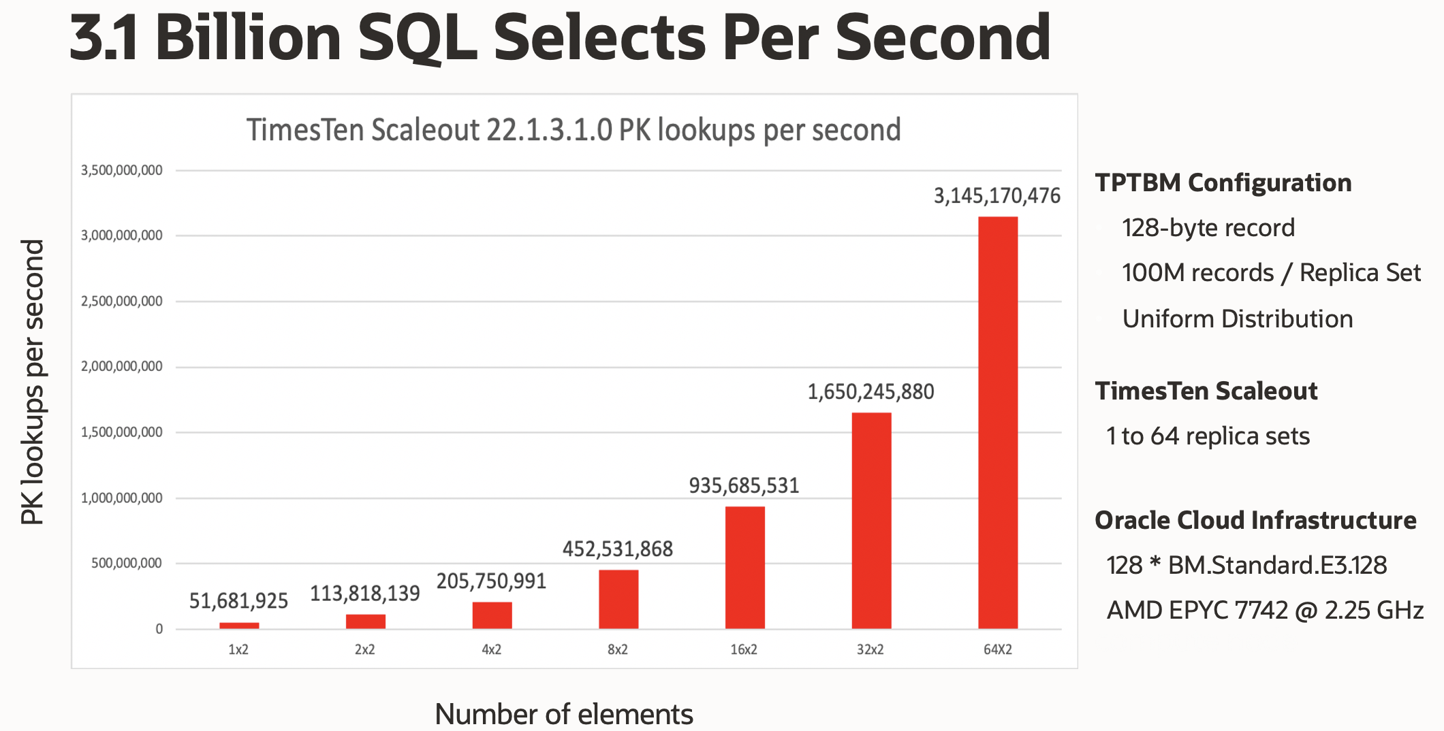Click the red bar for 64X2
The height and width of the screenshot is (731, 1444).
(x=998, y=422)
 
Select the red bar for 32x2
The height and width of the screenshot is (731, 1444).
(x=871, y=521)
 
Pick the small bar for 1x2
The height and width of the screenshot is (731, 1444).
(x=239, y=625)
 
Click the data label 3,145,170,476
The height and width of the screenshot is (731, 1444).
(x=996, y=196)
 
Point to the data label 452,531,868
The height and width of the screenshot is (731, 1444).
(x=617, y=549)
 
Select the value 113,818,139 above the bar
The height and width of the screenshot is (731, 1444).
(x=365, y=594)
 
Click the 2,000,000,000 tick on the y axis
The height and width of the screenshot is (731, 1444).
(x=122, y=367)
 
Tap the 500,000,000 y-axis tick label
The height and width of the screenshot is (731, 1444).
(x=127, y=564)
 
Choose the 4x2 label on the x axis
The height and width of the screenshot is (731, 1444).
(x=491, y=649)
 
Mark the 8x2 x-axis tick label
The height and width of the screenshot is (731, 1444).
(x=618, y=649)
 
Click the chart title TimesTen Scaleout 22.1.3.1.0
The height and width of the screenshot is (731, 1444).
(x=573, y=130)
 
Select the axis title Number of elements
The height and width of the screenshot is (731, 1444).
(x=563, y=714)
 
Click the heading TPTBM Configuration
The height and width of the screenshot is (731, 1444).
(x=1223, y=182)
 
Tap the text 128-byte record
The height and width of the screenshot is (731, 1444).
(x=1208, y=227)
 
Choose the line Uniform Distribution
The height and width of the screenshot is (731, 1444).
(x=1237, y=319)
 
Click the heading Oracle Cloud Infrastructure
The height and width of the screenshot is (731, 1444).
(x=1255, y=520)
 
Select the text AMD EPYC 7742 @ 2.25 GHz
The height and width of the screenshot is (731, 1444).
(x=1265, y=610)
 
